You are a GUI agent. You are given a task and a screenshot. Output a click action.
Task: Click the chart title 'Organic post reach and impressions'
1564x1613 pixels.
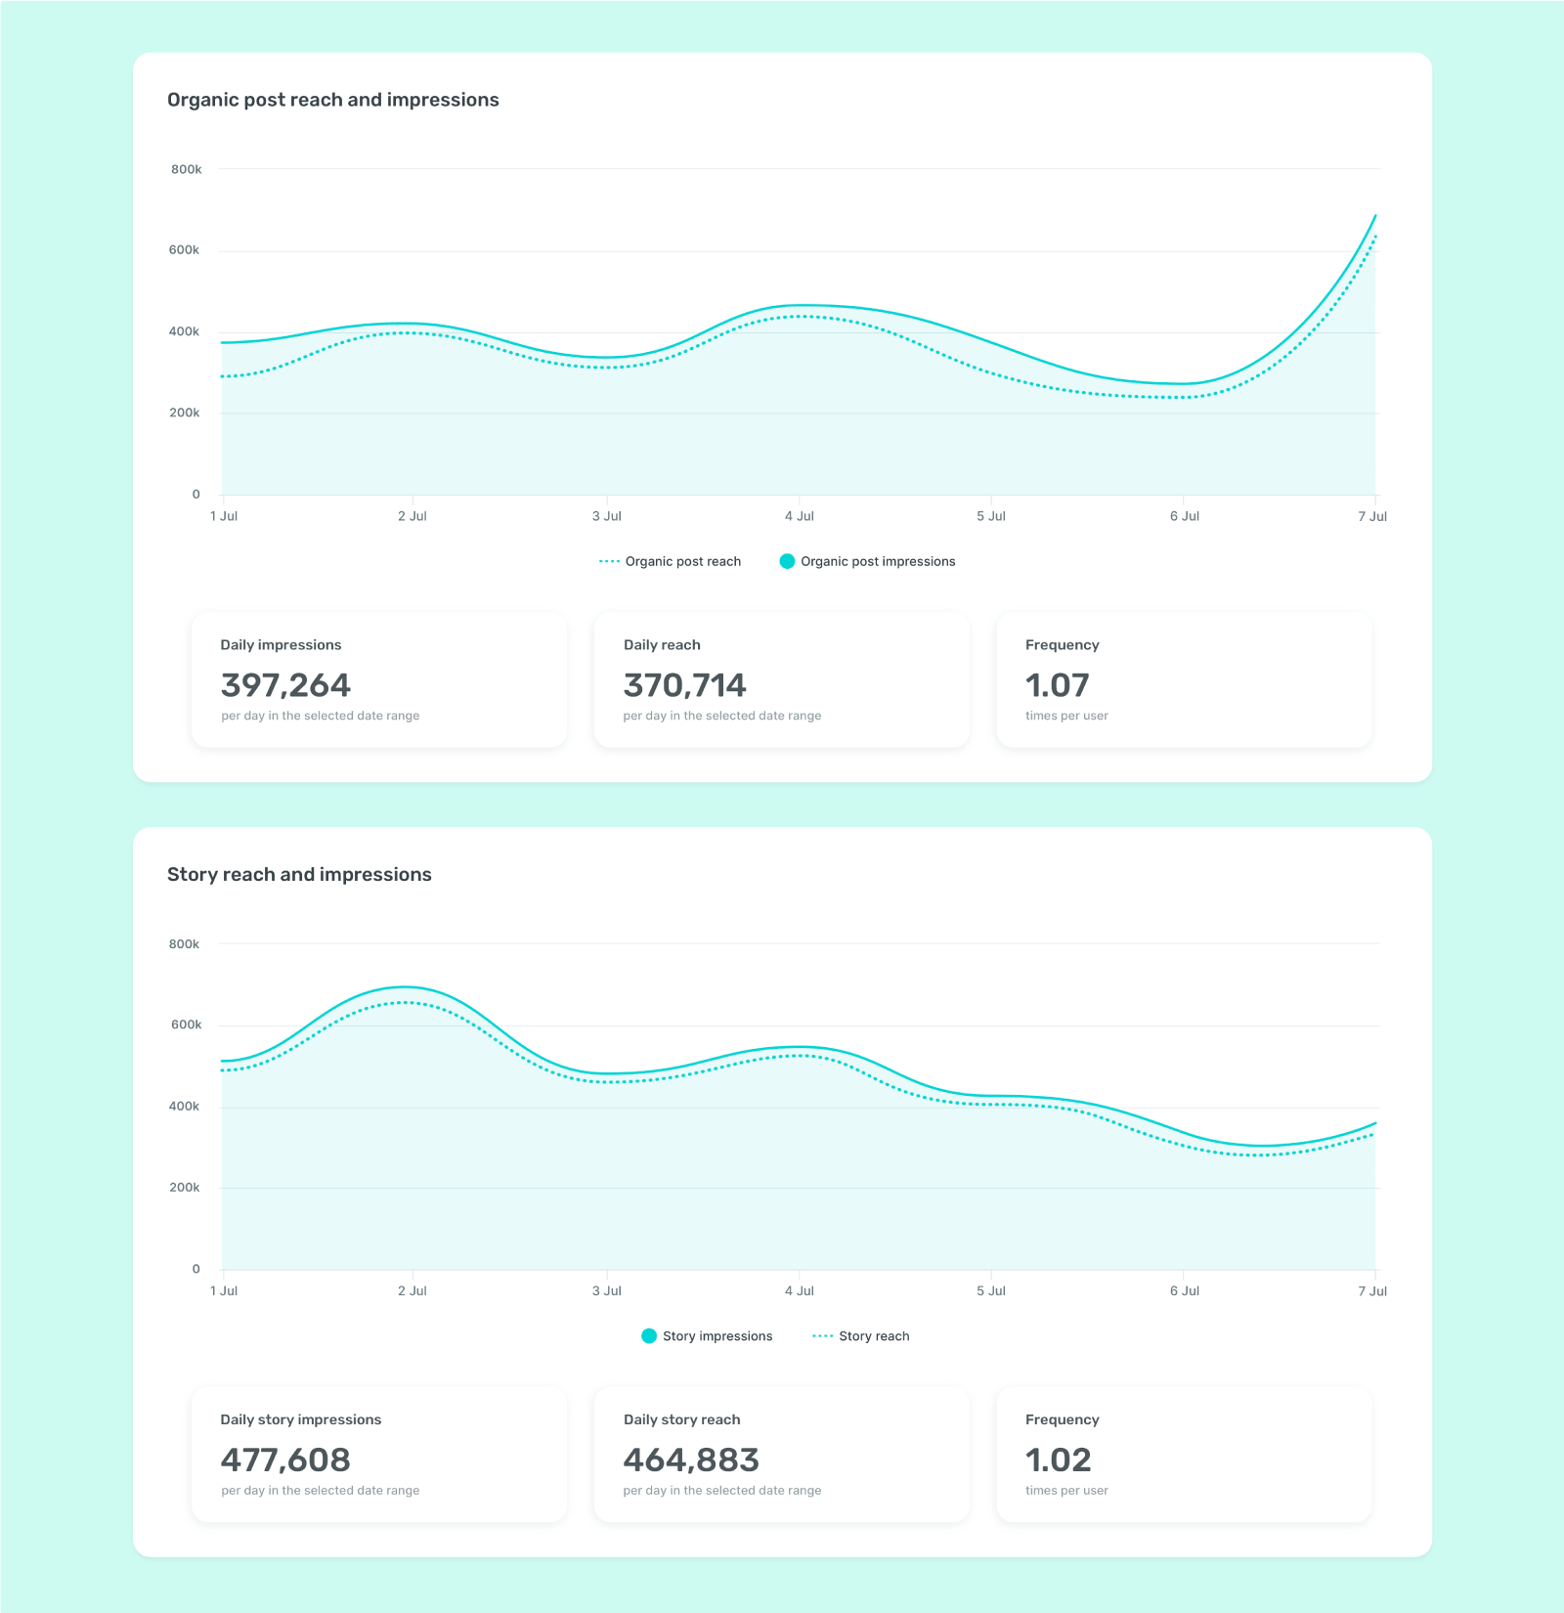point(332,100)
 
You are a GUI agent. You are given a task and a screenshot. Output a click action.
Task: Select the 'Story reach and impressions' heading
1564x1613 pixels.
point(299,874)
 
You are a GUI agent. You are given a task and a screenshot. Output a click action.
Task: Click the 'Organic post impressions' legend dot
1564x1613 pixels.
point(787,561)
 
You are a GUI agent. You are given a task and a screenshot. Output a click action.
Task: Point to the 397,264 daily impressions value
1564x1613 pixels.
point(285,685)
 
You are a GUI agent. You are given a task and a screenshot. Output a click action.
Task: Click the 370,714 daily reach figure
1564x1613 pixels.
point(684,685)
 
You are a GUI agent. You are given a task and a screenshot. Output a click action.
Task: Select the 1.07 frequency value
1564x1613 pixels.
point(1057,685)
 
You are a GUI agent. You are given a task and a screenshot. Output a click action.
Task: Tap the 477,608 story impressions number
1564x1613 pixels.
point(285,1460)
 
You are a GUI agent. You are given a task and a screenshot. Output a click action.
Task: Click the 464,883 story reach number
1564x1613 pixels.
point(691,1460)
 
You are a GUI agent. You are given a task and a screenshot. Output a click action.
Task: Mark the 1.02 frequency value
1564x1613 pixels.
point(1058,1460)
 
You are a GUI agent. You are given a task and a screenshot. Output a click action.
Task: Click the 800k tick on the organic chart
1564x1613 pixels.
point(186,169)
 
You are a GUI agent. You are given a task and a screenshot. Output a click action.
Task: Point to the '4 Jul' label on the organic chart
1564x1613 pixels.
point(799,516)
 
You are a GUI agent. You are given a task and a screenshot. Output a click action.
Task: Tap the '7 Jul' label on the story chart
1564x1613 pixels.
point(1371,1291)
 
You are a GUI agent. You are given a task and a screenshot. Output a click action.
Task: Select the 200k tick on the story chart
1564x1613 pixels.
point(184,1188)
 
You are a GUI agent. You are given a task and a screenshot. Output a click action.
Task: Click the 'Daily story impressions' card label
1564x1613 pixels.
point(300,1419)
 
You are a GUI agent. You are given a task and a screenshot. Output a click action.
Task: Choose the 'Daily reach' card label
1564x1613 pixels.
point(662,645)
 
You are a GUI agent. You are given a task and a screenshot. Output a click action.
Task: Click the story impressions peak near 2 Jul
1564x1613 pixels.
point(405,987)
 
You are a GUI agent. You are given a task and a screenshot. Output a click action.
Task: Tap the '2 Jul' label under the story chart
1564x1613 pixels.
point(412,1291)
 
